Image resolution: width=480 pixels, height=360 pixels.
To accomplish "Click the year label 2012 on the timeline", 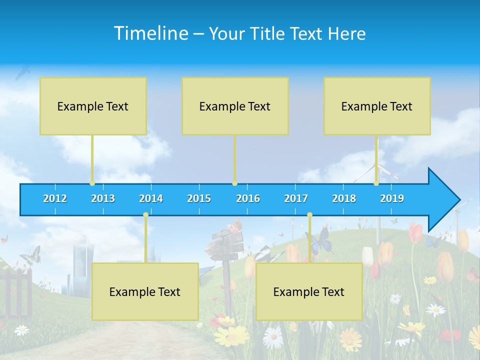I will tap(55, 198).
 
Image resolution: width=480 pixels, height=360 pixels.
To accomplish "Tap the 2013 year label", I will tap(103, 198).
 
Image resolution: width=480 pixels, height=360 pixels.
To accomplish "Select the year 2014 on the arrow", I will tap(151, 198).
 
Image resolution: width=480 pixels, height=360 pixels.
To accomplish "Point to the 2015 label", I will tap(199, 198).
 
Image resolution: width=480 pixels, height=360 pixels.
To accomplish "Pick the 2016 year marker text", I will tap(248, 198).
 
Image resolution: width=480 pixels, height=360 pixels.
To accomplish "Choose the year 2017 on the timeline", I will tap(296, 198).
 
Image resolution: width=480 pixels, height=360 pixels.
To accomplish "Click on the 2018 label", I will tap(344, 198).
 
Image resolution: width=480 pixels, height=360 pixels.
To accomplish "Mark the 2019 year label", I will tap(392, 198).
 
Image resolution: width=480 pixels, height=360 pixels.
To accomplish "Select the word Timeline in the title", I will tap(150, 33).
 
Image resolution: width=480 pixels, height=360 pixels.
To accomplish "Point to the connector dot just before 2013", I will tap(92, 183).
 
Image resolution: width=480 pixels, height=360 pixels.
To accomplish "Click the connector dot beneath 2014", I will tap(145, 215).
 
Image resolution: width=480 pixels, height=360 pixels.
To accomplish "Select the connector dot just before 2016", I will tap(234, 183).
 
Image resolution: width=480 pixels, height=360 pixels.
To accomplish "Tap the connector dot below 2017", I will tap(309, 215).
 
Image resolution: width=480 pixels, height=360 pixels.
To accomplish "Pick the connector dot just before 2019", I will tap(376, 183).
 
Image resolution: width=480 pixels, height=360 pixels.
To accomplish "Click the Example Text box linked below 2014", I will tap(145, 291).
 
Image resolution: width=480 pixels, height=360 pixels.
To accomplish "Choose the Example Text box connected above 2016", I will tap(235, 106).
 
